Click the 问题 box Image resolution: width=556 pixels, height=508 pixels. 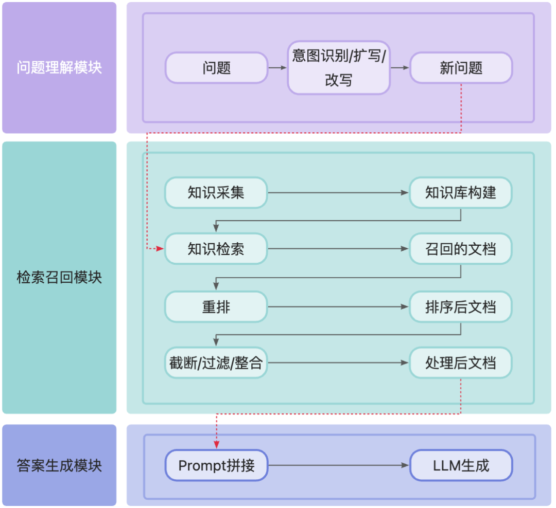coord(216,67)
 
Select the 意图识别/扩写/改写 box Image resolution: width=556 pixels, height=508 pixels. coord(338,67)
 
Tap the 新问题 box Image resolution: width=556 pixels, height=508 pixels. coord(461,67)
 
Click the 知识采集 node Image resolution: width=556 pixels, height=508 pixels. coord(216,193)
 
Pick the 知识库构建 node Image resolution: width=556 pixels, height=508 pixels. coord(461,193)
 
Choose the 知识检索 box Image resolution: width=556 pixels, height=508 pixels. coord(216,249)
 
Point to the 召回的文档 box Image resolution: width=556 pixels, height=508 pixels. coord(461,249)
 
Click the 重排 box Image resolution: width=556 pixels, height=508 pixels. coord(216,307)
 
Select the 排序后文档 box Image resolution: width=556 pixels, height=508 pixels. coord(461,307)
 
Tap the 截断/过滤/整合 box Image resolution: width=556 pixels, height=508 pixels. coord(216,363)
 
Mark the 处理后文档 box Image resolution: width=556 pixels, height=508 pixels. coord(461,363)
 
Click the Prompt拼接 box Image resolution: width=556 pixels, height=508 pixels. coord(216,466)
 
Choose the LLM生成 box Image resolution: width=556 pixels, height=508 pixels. coord(461,466)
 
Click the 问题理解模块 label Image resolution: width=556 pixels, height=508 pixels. coord(59,67)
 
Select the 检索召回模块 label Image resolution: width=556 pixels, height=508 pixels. coord(59,278)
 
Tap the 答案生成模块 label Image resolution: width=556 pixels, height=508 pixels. coord(59,466)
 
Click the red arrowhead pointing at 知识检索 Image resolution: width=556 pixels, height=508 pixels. coord(160,249)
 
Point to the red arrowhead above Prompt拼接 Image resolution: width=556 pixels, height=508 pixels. coord(216,444)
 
